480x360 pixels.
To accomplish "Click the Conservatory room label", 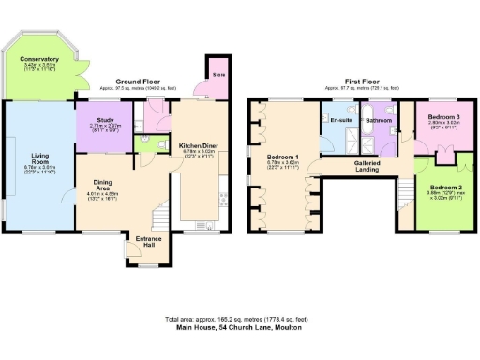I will click(39, 59).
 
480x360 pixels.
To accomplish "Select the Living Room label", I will click(39, 160).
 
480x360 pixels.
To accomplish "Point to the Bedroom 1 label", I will click(283, 157).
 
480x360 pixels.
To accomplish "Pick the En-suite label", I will click(338, 120).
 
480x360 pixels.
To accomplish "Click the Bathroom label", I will click(379, 120).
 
